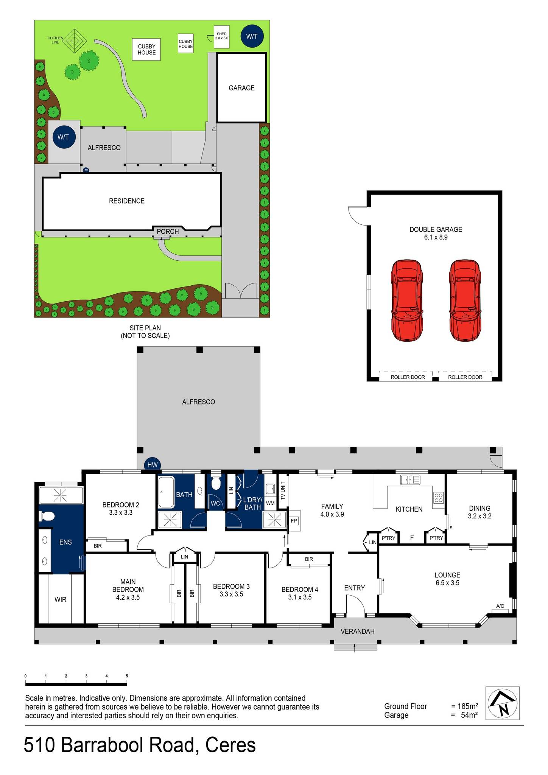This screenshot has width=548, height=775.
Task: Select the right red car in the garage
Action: [465, 300]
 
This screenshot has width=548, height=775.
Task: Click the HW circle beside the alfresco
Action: [152, 465]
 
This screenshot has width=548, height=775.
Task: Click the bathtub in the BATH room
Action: [166, 492]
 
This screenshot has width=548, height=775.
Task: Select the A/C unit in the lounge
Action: [500, 606]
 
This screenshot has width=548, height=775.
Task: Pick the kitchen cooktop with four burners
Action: [438, 498]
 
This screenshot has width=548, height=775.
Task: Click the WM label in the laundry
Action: [270, 503]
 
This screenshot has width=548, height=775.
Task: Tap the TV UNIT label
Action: [282, 492]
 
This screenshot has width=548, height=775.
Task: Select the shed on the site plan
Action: [221, 37]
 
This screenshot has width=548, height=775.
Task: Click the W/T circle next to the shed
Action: [252, 36]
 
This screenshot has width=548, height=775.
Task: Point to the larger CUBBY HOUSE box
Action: [146, 50]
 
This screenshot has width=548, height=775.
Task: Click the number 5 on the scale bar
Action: [127, 676]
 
